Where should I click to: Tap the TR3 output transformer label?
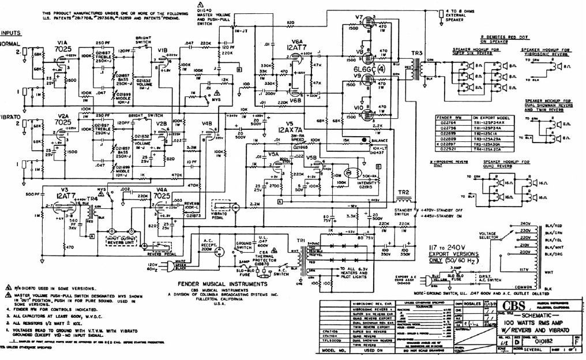414,52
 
